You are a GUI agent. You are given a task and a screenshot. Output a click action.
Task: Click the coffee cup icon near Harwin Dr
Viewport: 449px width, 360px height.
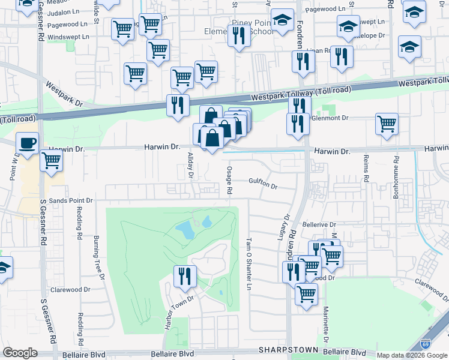coord(27,144)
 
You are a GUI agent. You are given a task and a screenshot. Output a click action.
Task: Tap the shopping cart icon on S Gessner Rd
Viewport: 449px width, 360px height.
coord(52,161)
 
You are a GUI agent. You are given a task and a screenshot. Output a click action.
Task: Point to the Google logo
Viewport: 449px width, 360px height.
coord(20,353)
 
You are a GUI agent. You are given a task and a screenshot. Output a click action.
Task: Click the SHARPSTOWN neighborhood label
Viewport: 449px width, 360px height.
coord(282,350)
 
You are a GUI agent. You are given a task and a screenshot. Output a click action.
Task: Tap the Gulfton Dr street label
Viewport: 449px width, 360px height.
coord(263,186)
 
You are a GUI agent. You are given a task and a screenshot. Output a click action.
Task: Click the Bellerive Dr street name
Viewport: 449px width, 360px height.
coord(319,223)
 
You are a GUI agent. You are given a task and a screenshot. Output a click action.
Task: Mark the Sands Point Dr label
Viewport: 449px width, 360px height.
coord(71,200)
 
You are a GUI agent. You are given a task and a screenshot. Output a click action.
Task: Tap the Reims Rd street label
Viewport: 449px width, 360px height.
coord(365,167)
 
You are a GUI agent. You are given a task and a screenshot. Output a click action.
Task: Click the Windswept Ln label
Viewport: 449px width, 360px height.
coord(68,37)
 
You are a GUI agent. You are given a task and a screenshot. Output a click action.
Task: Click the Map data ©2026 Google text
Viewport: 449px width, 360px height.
coord(412,355)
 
